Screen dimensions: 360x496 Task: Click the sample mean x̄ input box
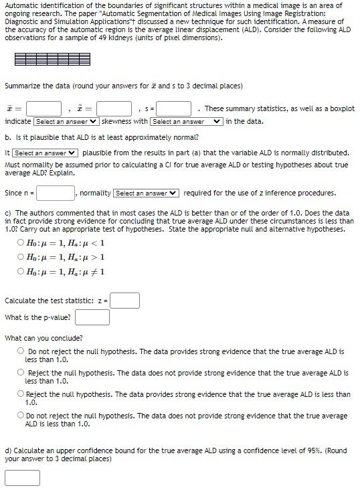click(45, 108)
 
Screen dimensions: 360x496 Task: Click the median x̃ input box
click(114, 108)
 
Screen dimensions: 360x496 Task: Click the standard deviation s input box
click(175, 108)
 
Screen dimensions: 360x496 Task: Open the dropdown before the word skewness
click(66, 121)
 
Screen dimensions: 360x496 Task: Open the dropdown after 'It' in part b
click(46, 153)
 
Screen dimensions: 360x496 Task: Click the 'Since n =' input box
click(56, 193)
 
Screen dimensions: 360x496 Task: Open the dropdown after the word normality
click(147, 193)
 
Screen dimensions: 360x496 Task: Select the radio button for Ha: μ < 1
click(22, 243)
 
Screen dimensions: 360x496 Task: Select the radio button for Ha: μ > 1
click(22, 257)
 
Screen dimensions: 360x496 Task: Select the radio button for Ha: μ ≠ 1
click(22, 271)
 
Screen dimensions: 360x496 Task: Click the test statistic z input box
click(125, 301)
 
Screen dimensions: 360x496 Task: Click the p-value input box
click(92, 317)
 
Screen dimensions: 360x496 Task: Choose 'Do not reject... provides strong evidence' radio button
click(22, 351)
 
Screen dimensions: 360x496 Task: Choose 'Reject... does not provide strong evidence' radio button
click(22, 373)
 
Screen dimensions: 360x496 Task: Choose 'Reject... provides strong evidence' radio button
click(22, 394)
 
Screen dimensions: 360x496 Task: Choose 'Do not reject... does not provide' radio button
click(22, 416)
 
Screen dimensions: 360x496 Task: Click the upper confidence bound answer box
click(22, 478)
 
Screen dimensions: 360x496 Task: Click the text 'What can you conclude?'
click(44, 338)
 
